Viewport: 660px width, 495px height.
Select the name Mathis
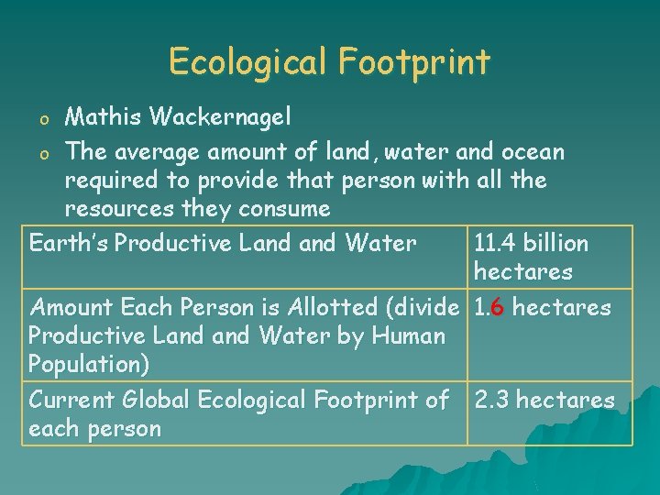pyautogui.click(x=100, y=116)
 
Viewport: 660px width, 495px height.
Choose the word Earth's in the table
pyautogui.click(x=69, y=243)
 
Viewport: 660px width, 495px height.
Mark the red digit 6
pyautogui.click(x=497, y=307)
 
